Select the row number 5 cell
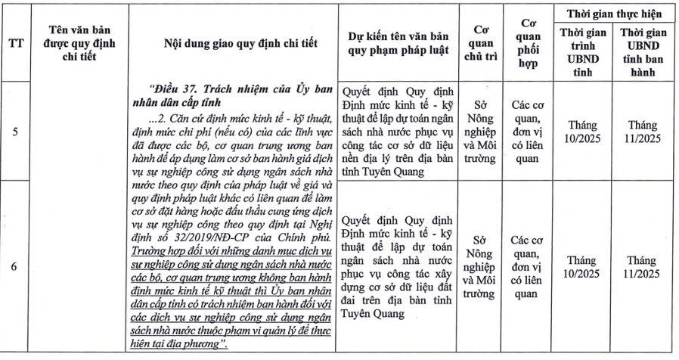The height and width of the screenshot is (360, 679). [16, 132]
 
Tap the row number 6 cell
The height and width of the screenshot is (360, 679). [16, 267]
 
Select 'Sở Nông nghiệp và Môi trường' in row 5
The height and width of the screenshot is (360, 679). [478, 132]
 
